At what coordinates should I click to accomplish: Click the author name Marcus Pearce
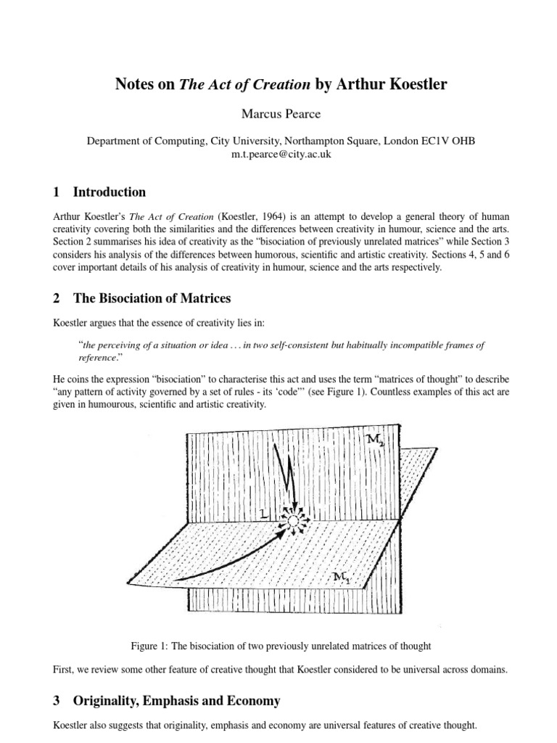click(x=278, y=113)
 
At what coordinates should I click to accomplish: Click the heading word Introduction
click(x=110, y=192)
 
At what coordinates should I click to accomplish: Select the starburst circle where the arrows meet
click(x=293, y=521)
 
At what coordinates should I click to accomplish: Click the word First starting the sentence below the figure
click(x=65, y=670)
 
